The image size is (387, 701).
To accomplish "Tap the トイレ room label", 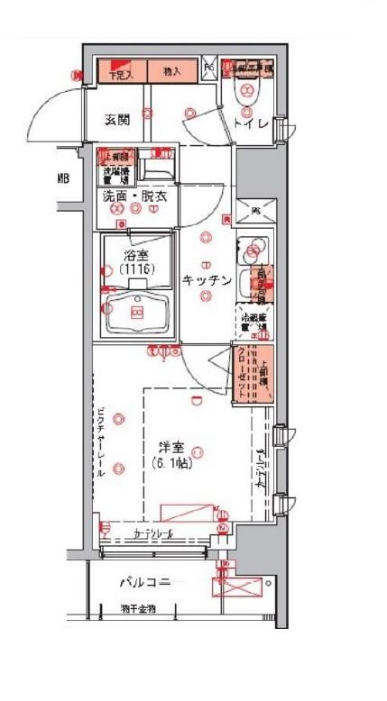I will [x=250, y=123].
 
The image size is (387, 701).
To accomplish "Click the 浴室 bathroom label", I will [x=135, y=254].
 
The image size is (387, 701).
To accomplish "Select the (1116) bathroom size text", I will [x=135, y=269].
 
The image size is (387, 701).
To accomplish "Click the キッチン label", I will [x=207, y=279].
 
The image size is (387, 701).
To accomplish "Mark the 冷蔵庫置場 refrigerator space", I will [x=253, y=323].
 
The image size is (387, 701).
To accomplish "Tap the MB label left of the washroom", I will [x=63, y=178].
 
